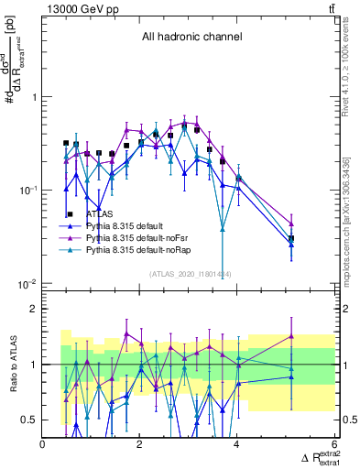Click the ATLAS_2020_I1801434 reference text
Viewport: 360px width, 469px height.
(191, 273)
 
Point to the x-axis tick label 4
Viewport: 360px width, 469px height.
(237, 444)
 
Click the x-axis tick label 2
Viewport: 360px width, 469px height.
(140, 444)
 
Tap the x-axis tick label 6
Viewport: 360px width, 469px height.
(334, 444)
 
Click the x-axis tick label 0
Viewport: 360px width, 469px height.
(43, 444)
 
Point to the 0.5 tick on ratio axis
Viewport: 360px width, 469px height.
(29, 420)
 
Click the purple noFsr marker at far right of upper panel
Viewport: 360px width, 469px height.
(291, 224)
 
